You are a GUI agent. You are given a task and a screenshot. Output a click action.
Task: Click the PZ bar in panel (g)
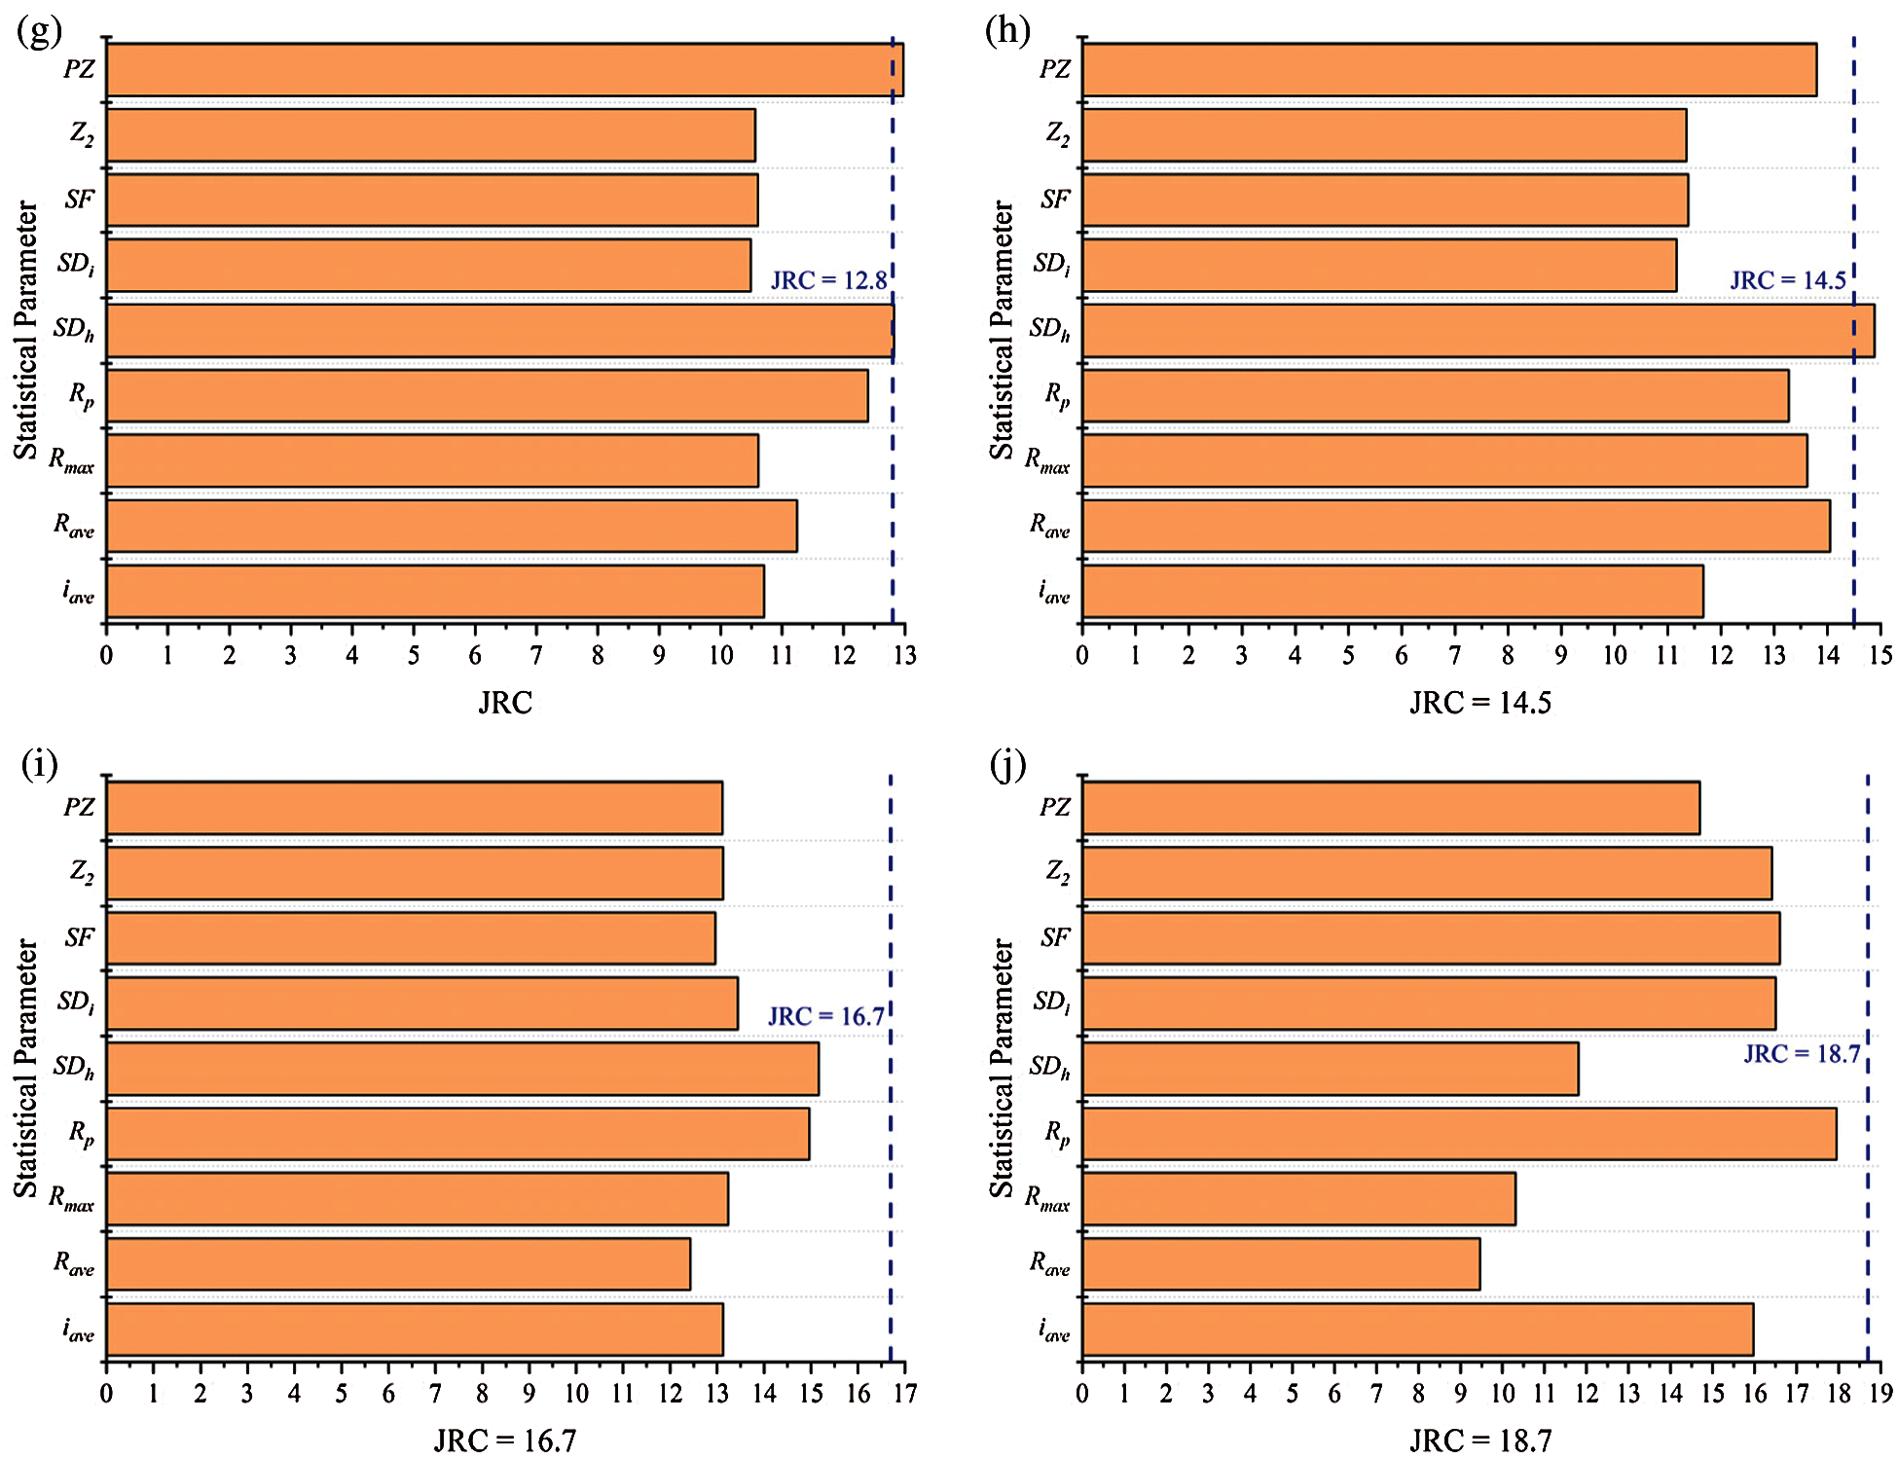point(504,70)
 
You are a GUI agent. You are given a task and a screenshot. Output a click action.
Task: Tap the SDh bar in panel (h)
point(1478,331)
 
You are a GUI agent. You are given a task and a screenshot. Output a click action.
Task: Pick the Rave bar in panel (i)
point(398,1264)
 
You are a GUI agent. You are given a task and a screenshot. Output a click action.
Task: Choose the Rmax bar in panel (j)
point(1298,1199)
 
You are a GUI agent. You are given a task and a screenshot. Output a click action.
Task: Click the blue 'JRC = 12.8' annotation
point(828,281)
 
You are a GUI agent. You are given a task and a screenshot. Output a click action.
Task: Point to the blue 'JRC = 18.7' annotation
point(1802,1054)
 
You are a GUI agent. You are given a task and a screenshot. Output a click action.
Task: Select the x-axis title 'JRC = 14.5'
point(1479,703)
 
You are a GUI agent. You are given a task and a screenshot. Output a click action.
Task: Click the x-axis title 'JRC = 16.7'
point(504,1441)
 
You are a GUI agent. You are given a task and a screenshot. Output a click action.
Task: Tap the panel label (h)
point(1007,31)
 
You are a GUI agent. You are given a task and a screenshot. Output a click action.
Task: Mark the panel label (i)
point(39,765)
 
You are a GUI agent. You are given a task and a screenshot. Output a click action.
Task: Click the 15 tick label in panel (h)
point(1880,656)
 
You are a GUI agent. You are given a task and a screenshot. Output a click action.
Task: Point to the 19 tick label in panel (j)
point(1880,1394)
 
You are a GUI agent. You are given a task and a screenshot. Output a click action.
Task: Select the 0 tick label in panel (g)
point(106,656)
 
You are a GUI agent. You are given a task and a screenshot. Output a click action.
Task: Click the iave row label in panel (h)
point(1054,592)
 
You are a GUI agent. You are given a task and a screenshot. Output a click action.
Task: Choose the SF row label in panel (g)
point(79,200)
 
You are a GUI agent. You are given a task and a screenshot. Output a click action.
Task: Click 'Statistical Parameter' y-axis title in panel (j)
point(1001,1068)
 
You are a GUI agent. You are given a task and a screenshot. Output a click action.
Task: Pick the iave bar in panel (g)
point(435,592)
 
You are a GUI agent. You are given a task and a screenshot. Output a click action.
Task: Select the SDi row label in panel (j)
point(1051,1003)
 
